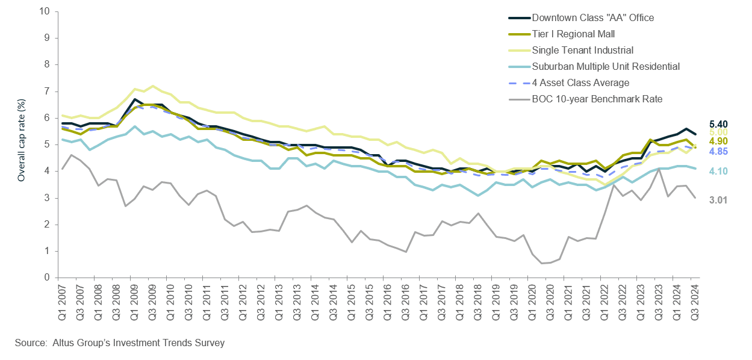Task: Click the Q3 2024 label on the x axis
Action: [x=694, y=300]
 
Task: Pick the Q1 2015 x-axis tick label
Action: [x=350, y=300]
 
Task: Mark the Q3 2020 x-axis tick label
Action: [x=549, y=300]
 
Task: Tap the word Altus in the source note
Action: [x=62, y=343]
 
